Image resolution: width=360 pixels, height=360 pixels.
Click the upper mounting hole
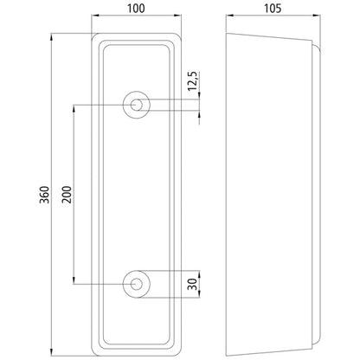[x=136, y=104]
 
